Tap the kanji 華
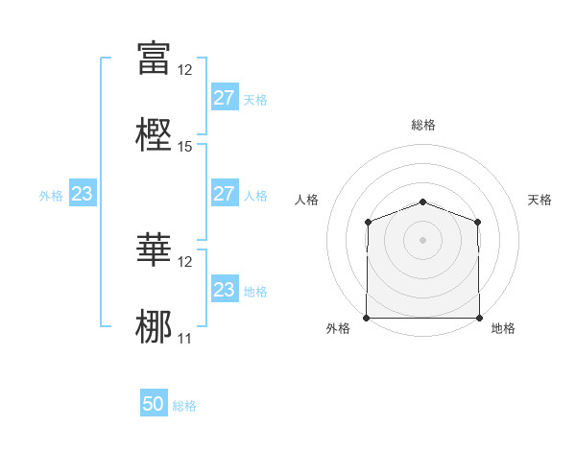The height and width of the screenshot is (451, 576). (x=154, y=249)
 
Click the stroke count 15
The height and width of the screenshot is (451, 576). (x=185, y=147)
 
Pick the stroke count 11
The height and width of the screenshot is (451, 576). (x=185, y=338)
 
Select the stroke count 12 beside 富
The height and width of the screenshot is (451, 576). (x=185, y=70)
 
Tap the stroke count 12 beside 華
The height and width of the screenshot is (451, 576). (x=185, y=261)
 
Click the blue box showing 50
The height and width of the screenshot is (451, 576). (x=154, y=404)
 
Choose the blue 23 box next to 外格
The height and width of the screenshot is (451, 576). (x=83, y=195)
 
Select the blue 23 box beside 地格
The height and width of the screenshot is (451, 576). (x=224, y=290)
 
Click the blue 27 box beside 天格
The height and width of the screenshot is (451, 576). (x=224, y=98)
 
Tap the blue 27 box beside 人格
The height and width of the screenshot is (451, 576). (x=224, y=194)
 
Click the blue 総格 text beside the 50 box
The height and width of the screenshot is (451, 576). (x=184, y=406)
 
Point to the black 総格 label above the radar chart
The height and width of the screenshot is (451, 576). (x=422, y=126)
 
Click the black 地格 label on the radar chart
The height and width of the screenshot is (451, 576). (x=503, y=329)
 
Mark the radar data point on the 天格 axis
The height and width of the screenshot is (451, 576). (x=478, y=222)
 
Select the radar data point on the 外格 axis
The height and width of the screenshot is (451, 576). (x=367, y=318)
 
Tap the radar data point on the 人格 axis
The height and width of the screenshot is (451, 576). (x=368, y=222)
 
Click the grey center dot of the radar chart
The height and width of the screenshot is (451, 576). (x=422, y=240)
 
